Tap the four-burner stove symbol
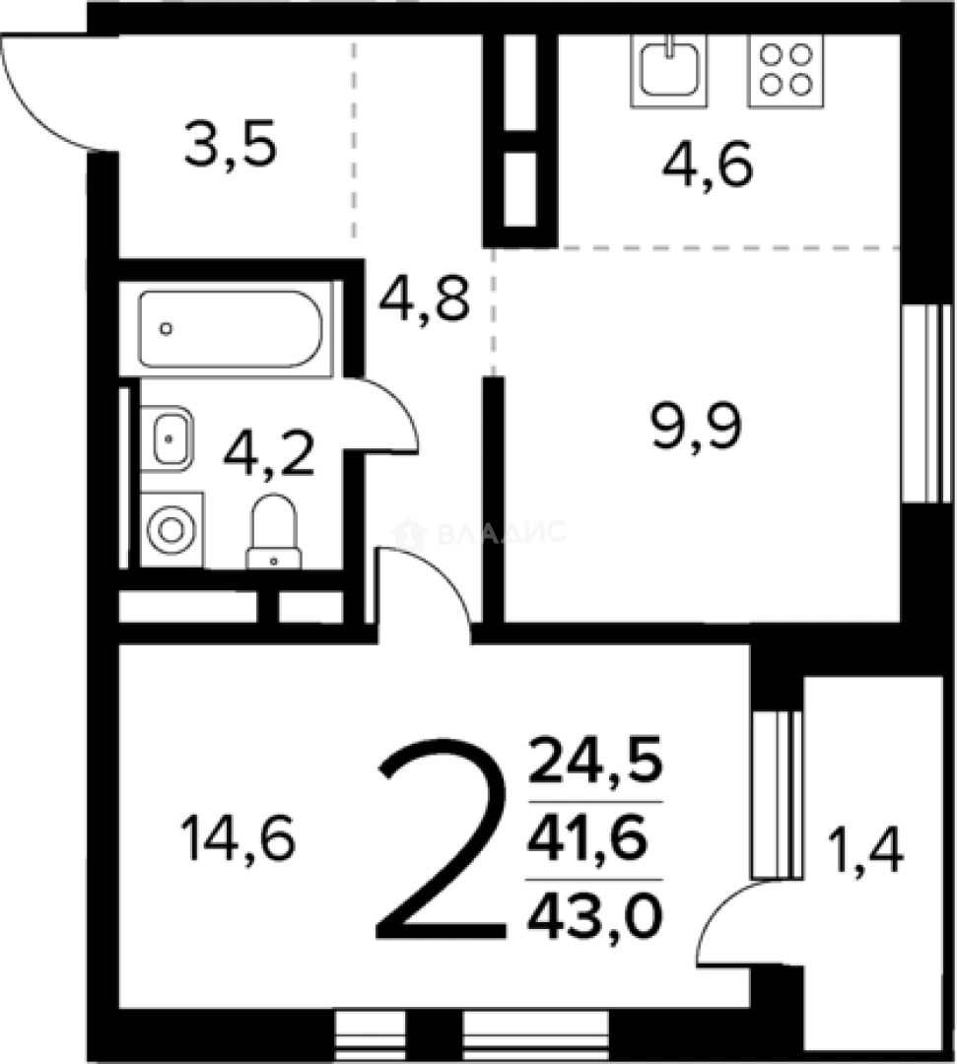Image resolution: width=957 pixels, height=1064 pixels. pyautogui.click(x=786, y=70)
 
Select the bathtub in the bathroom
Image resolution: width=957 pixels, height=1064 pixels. pyautogui.click(x=230, y=329)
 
